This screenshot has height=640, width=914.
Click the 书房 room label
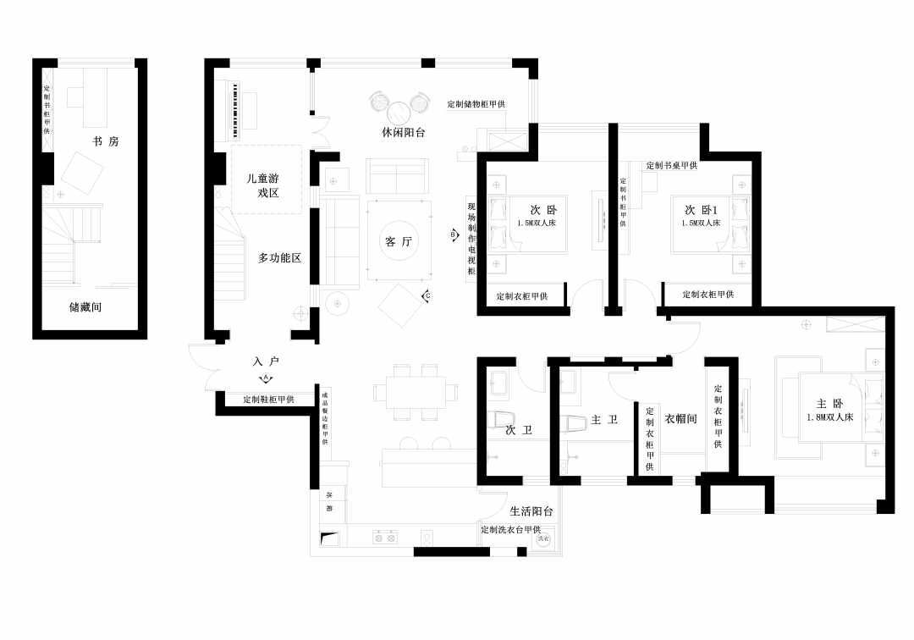(x=106, y=141)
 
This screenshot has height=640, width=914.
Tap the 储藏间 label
(x=85, y=307)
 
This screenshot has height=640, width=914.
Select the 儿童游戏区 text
(x=267, y=186)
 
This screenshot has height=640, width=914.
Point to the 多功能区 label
(x=279, y=257)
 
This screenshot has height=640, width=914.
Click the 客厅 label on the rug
(x=398, y=242)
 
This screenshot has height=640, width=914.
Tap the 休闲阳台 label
(x=403, y=133)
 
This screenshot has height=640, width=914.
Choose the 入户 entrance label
(x=265, y=361)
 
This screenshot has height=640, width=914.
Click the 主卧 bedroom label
(x=829, y=404)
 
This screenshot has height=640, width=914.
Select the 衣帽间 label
(x=680, y=418)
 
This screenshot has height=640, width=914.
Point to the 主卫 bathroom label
(x=603, y=420)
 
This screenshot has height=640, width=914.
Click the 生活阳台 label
(x=531, y=511)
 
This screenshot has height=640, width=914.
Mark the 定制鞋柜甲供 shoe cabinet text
(x=268, y=399)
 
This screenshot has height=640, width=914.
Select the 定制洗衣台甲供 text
(x=510, y=530)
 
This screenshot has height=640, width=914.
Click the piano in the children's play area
(x=236, y=111)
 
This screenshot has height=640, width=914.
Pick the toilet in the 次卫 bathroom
(x=504, y=419)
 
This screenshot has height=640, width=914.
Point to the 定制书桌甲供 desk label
(x=671, y=166)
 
